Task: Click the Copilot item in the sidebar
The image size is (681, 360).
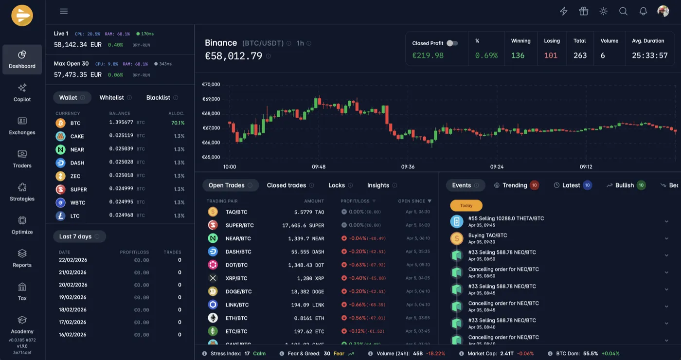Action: [22, 92]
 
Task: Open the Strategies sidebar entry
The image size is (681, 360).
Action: [22, 192]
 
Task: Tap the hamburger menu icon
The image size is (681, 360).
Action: [64, 11]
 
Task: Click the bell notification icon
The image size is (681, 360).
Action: [643, 11]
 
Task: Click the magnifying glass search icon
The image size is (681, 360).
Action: [623, 11]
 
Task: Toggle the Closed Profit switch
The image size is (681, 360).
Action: [452, 43]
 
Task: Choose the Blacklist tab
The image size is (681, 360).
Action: [158, 98]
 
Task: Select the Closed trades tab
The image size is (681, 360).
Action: [287, 185]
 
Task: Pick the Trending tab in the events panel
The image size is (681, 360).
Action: [515, 185]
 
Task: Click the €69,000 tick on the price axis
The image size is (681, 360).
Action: [211, 99]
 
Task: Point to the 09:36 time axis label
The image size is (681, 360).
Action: [408, 167]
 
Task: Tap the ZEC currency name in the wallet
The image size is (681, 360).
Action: [75, 176]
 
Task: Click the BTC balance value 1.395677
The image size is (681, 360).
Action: [121, 123]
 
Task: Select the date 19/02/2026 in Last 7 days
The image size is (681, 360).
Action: [72, 297]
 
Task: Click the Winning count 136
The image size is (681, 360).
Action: [518, 55]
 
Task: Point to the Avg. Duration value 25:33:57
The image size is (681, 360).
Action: [649, 55]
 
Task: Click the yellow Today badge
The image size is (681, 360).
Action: [466, 205]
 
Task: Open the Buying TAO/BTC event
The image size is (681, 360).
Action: [487, 235]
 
